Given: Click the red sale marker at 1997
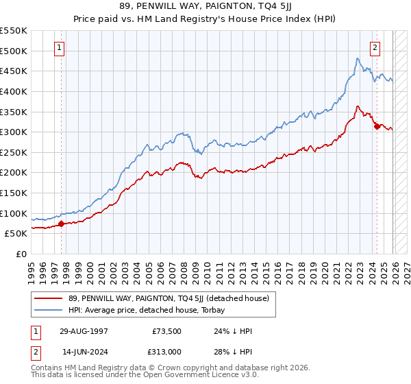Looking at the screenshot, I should (x=61, y=224).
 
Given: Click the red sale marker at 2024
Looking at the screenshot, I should (x=377, y=126).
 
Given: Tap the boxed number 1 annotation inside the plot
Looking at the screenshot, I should (x=61, y=48).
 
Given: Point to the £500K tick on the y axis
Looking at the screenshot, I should (x=13, y=51).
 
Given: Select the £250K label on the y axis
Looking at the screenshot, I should (x=13, y=152).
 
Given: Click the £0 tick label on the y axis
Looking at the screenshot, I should (x=21, y=254).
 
